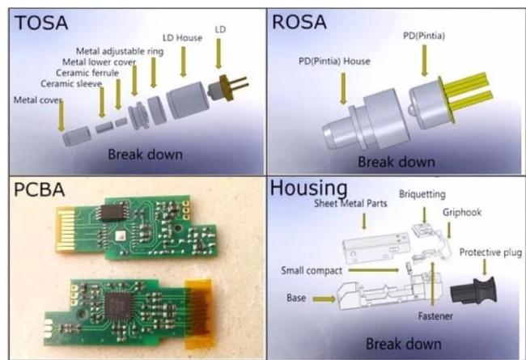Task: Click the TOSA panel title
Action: tap(41, 23)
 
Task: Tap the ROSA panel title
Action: tap(299, 22)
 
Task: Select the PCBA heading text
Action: tap(39, 189)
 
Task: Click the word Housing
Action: tap(308, 188)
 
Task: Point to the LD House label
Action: tap(183, 37)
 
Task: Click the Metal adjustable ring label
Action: tap(120, 51)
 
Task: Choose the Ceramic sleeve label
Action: tap(71, 83)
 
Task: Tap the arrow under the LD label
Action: tap(218, 53)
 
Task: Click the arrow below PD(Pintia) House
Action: tap(343, 88)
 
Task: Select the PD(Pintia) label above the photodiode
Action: tap(424, 36)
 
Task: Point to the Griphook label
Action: tap(462, 213)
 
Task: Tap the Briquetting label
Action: tap(422, 194)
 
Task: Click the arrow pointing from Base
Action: tap(324, 299)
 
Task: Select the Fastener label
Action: tap(435, 316)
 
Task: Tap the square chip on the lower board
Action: tap(119, 305)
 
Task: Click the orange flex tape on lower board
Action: tap(198, 313)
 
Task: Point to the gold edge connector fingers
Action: tap(66, 229)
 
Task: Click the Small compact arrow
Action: tap(373, 269)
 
